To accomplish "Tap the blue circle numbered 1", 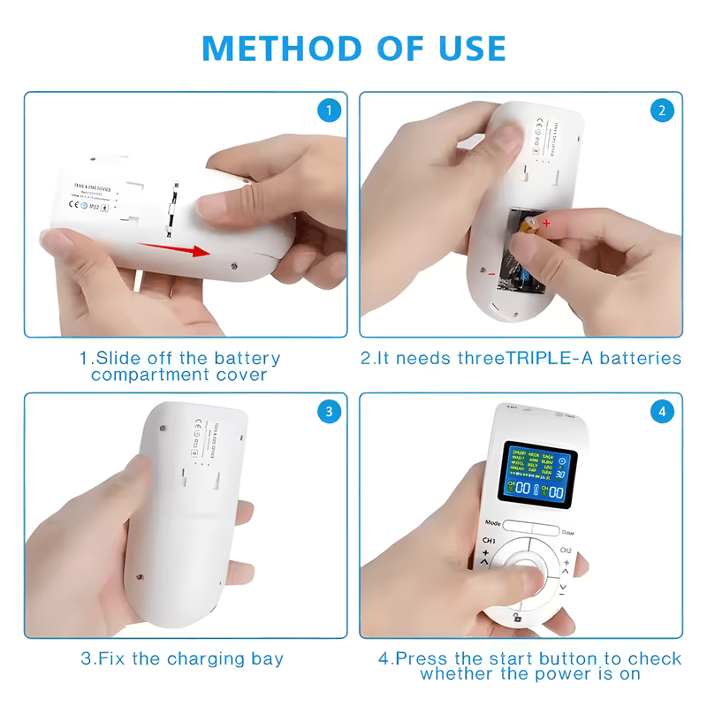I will (x=328, y=110).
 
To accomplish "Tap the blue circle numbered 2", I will (x=662, y=110).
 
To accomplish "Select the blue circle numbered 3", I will (x=328, y=411).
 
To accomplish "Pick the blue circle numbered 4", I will (x=662, y=411).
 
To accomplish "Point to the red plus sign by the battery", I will (x=546, y=224).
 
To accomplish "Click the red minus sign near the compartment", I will (x=491, y=275).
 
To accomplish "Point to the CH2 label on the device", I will (x=566, y=551).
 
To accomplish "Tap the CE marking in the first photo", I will (x=75, y=203).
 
